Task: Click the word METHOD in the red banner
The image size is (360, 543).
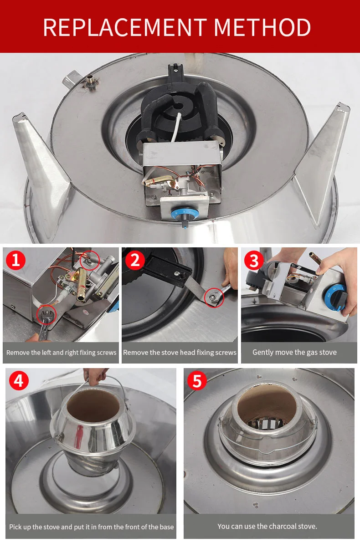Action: (262, 27)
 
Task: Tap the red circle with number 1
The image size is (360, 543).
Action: (15, 260)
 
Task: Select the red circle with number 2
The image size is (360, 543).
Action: (135, 260)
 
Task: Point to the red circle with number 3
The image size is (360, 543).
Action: (254, 261)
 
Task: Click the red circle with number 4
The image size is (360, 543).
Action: (18, 380)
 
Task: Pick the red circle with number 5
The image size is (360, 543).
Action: (196, 381)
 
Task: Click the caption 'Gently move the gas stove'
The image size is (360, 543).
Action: (294, 352)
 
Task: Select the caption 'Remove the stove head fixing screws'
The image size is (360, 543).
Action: (180, 353)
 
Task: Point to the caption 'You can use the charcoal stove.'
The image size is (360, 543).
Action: (267, 527)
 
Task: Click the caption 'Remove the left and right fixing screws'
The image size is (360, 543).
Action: (62, 353)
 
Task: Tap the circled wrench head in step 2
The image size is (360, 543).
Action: (214, 297)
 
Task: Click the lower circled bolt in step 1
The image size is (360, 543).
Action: (46, 314)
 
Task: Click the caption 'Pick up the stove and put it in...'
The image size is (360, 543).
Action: (92, 527)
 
